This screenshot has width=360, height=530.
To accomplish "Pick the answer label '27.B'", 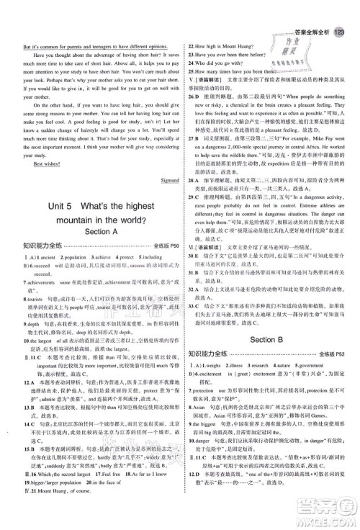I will coord(194,145).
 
